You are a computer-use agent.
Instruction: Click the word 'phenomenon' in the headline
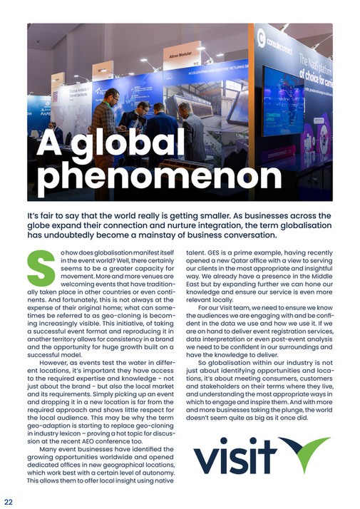159,177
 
